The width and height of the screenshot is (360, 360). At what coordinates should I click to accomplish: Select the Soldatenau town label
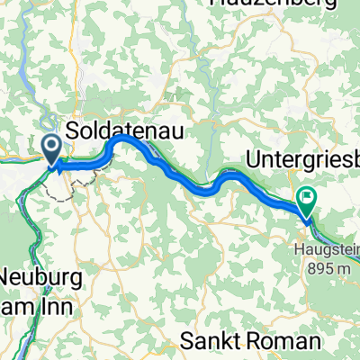click(126, 130)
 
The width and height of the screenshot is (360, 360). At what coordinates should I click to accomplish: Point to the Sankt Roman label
click(249, 342)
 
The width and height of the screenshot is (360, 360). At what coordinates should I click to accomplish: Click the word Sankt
click(214, 342)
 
